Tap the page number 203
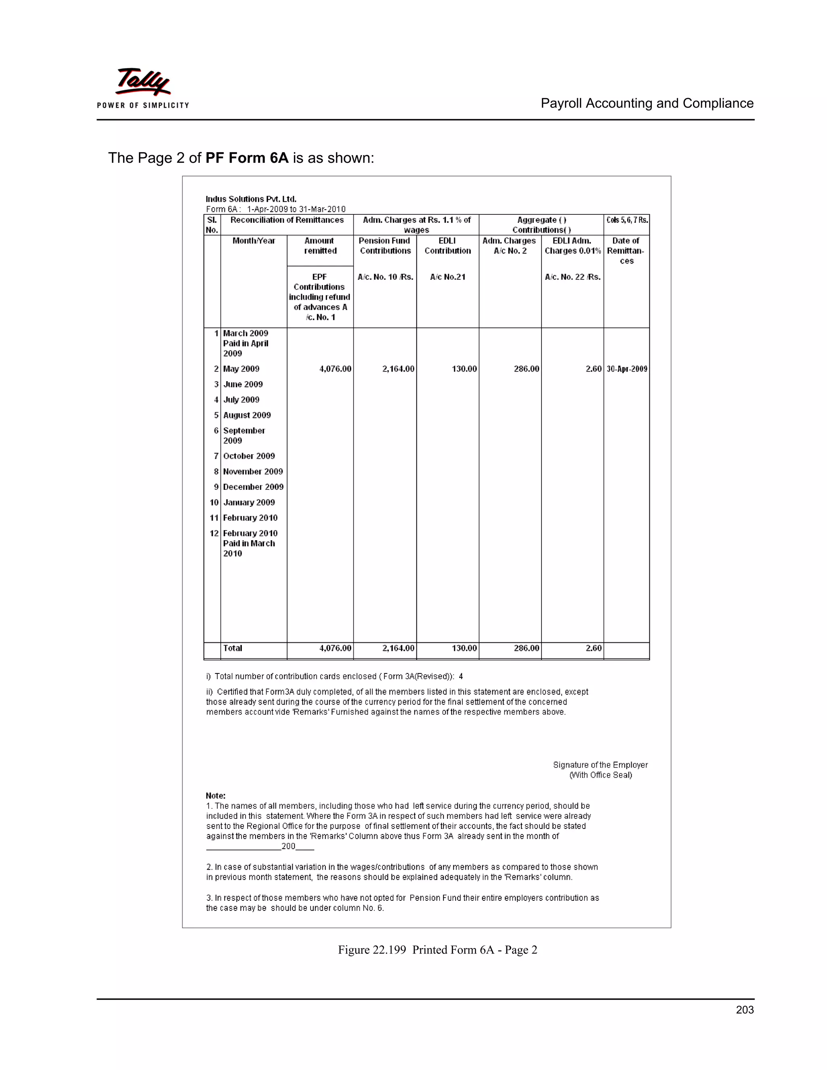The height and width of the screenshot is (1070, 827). (x=744, y=1010)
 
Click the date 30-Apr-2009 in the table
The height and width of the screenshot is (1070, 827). (x=627, y=369)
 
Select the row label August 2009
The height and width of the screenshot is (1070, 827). (x=247, y=415)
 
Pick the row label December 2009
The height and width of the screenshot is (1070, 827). (x=253, y=487)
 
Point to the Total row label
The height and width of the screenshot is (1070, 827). (x=233, y=648)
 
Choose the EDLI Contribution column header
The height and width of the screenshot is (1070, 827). (x=447, y=246)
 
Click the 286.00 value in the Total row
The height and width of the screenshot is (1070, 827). (x=526, y=648)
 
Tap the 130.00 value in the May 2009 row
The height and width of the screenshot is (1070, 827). (x=464, y=369)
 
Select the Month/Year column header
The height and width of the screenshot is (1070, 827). (x=254, y=241)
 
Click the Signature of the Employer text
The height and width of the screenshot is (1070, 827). (x=600, y=765)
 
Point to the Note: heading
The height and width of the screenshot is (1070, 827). (x=216, y=796)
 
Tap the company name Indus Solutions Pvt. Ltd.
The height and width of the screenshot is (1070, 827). (x=251, y=199)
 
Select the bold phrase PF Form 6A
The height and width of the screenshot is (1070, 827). (x=247, y=158)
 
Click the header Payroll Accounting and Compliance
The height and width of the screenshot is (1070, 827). (x=647, y=103)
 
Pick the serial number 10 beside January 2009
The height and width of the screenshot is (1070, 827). (x=214, y=502)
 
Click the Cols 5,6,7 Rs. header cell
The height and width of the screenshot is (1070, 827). (x=627, y=220)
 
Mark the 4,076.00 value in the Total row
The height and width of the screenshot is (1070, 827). (x=335, y=648)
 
